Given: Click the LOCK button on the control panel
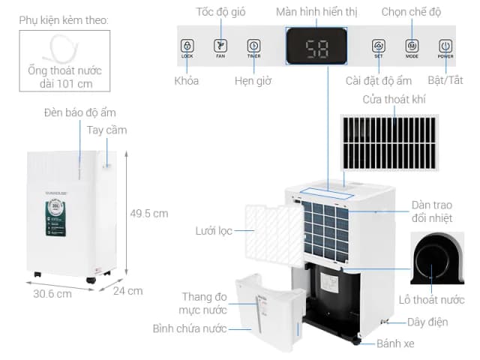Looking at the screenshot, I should coord(187,46).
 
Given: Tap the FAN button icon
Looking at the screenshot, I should coord(220,46).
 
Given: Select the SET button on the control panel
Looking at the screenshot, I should coord(379,46).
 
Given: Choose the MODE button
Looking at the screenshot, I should coord(412,46).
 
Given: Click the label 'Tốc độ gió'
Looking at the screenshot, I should coord(220,12).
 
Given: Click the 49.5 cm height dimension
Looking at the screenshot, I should coord(149,213).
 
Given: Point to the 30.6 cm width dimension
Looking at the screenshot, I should coord(52,293).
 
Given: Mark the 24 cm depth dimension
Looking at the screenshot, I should coord(129,291).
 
